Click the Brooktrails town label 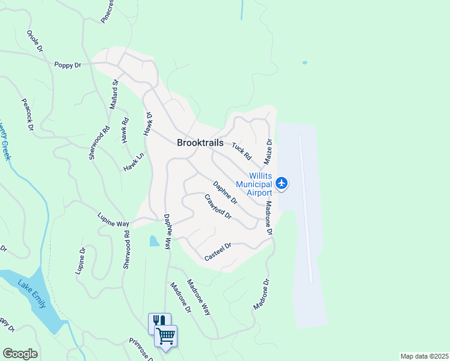click(x=200, y=143)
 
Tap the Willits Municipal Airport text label click(x=254, y=184)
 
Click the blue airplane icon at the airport click(x=282, y=182)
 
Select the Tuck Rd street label click(x=242, y=151)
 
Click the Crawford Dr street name click(x=217, y=206)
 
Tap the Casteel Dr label click(x=218, y=251)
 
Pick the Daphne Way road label click(x=168, y=233)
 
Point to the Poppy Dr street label click(x=67, y=64)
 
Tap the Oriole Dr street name click(x=34, y=40)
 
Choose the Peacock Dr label click(x=27, y=115)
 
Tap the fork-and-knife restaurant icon click(x=159, y=321)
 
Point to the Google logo click(x=20, y=354)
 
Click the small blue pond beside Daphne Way click(x=154, y=241)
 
